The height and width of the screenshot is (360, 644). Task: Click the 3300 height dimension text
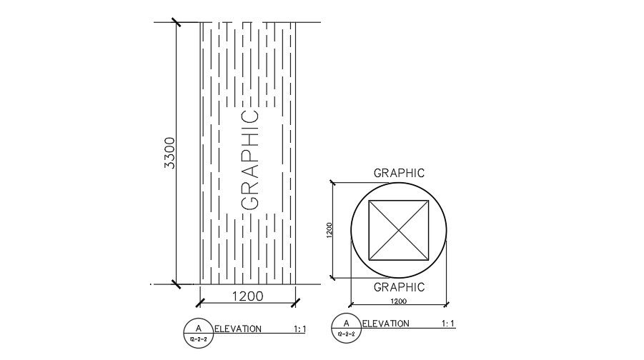tap(169, 152)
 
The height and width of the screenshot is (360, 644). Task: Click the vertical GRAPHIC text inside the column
tap(250, 159)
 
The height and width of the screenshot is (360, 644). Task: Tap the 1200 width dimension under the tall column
tap(247, 295)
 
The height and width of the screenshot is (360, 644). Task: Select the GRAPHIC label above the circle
tap(399, 173)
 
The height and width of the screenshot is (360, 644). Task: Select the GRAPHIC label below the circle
tap(399, 287)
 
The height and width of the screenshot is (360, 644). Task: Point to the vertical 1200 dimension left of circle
tap(329, 230)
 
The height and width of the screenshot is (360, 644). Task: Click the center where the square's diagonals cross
tap(398, 230)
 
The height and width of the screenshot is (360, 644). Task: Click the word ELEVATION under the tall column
tap(238, 329)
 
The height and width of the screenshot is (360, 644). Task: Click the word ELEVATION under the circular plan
tap(386, 324)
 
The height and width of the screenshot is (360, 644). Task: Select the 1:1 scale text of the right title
tap(448, 324)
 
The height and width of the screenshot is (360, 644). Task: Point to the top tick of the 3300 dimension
tap(176, 22)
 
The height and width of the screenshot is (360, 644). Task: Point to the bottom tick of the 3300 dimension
tap(176, 284)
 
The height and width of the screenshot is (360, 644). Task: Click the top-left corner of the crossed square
tap(368, 201)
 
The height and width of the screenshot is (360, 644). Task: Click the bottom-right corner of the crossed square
tap(428, 260)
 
